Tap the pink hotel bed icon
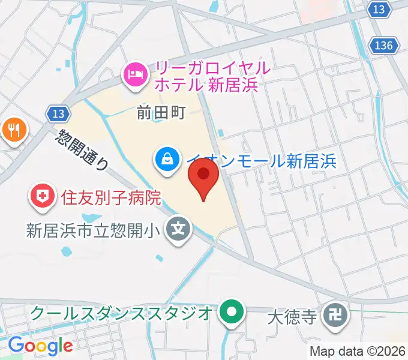point(133,75)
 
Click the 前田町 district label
point(161,112)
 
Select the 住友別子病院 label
point(111,197)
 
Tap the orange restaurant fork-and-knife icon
point(14,130)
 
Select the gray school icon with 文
point(179,229)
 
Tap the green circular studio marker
point(231,313)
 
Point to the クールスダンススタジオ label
point(120,313)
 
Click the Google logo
point(40,346)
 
